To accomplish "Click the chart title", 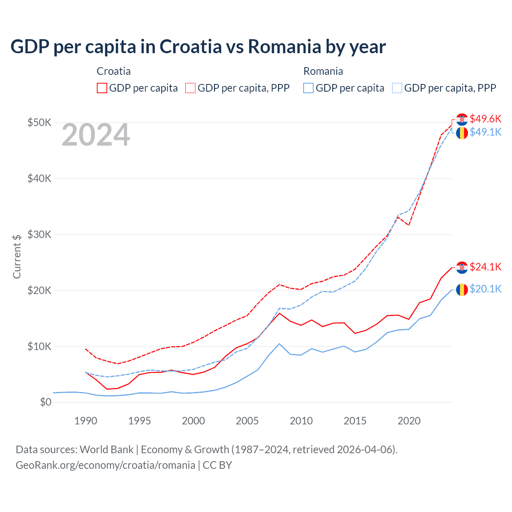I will (x=198, y=47).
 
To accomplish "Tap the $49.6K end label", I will (x=485, y=119).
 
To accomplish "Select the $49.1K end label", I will (x=485, y=132).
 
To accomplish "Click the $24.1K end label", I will (x=485, y=267).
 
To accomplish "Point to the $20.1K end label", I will (x=485, y=289).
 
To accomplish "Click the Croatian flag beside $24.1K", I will (x=462, y=268).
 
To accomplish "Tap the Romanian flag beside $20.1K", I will (x=462, y=289).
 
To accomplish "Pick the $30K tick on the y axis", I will (x=39, y=234).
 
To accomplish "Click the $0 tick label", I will (x=46, y=402).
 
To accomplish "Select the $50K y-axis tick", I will (x=39, y=122).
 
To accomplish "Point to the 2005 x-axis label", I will (x=247, y=421).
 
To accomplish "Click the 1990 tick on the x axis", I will (x=86, y=421).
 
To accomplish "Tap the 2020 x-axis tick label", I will (x=409, y=421).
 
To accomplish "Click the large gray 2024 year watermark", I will (x=96, y=135).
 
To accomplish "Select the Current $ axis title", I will (x=17, y=256).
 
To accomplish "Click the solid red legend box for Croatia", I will (x=102, y=88).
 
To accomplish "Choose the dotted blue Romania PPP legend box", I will (x=397, y=88).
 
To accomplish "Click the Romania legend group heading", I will (x=323, y=71).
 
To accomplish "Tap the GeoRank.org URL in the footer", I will (x=105, y=465).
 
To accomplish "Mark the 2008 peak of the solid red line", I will (x=279, y=313).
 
